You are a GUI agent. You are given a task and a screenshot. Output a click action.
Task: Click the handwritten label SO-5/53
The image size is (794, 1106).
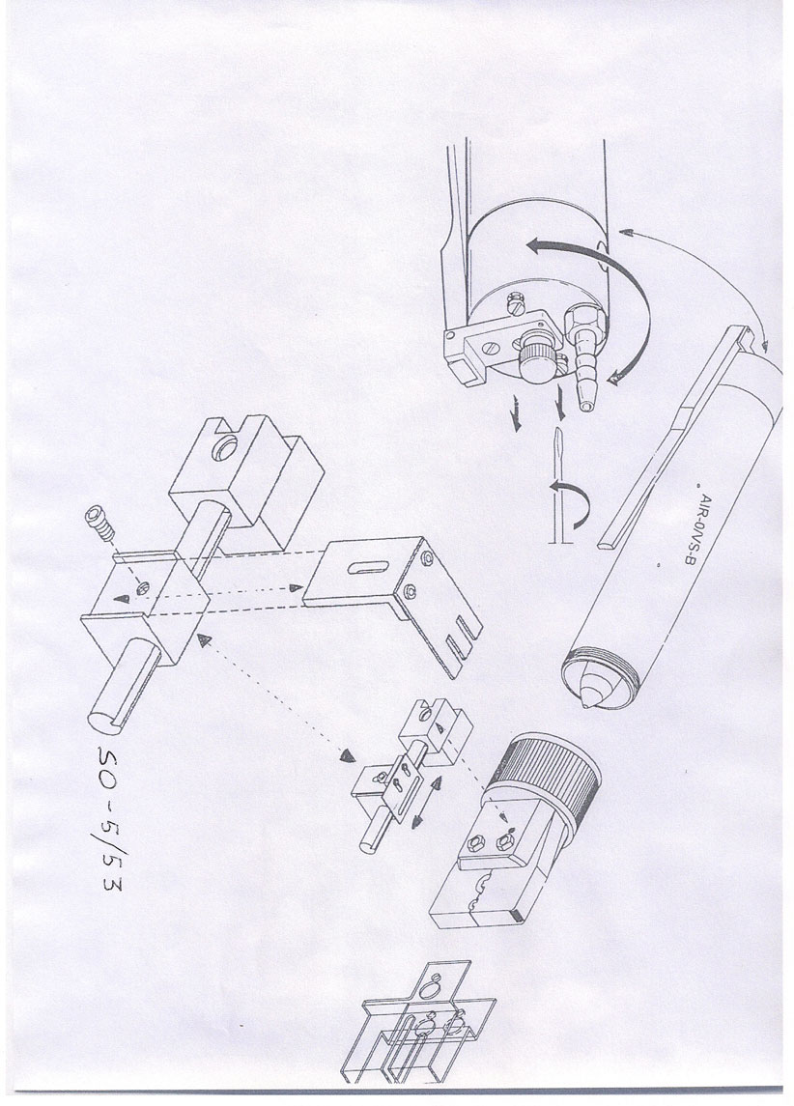pos(111,817)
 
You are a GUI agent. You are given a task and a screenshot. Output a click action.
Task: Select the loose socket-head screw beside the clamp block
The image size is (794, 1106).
pos(99,522)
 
